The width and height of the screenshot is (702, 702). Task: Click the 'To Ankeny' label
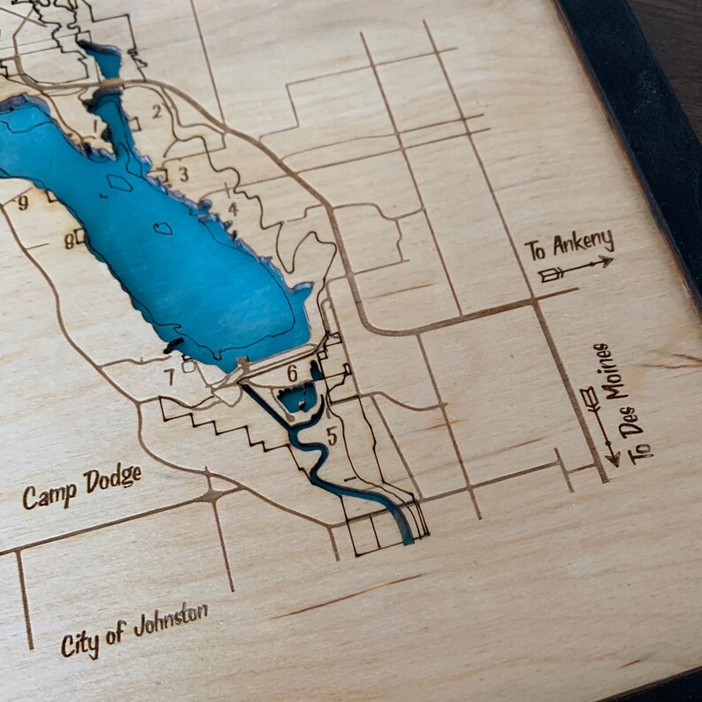pyautogui.click(x=568, y=245)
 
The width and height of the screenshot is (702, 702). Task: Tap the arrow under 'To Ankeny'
pyautogui.click(x=576, y=269)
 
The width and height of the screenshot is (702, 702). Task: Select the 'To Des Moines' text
pyautogui.click(x=630, y=402)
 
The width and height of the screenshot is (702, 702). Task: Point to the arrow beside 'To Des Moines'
pyautogui.click(x=599, y=424)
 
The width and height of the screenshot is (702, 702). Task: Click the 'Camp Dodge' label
pyautogui.click(x=81, y=487)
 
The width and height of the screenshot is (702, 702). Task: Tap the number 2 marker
pyautogui.click(x=157, y=111)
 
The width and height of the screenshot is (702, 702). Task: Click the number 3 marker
pyautogui.click(x=183, y=173)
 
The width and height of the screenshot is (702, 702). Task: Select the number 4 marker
pyautogui.click(x=233, y=209)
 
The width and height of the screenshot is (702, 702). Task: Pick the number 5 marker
pyautogui.click(x=332, y=435)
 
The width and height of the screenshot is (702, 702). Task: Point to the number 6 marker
pyautogui.click(x=292, y=373)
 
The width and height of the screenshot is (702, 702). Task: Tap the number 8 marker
pyautogui.click(x=68, y=240)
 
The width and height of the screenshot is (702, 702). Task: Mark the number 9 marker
pyautogui.click(x=23, y=202)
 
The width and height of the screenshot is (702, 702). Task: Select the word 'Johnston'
pyautogui.click(x=172, y=622)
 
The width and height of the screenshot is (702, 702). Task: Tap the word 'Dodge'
pyautogui.click(x=112, y=480)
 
